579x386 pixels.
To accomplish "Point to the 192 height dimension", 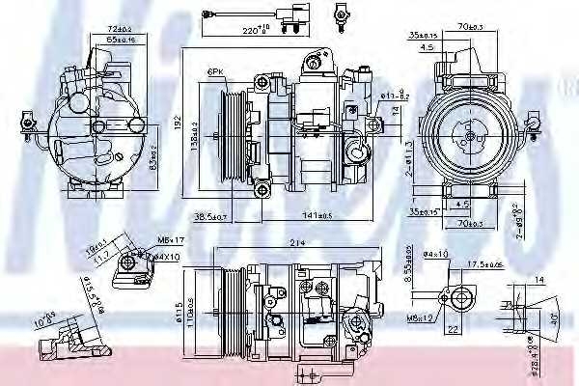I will pyautogui.click(x=178, y=124).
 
